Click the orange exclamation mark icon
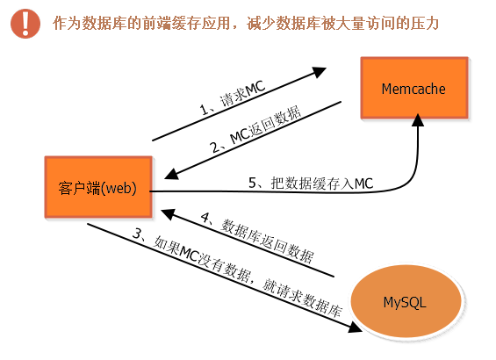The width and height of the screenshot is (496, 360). point(25,24)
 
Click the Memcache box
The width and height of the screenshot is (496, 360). point(414,88)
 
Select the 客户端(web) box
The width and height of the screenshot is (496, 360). point(98,187)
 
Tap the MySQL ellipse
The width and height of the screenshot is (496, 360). point(406,302)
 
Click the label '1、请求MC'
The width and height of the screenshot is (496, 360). point(233,97)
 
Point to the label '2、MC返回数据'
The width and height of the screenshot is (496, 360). point(255,129)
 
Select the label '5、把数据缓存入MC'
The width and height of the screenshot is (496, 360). point(311,184)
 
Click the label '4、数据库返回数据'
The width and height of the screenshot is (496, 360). point(257,237)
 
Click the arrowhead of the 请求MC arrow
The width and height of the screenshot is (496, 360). point(319,72)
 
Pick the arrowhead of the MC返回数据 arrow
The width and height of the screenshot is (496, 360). point(172,174)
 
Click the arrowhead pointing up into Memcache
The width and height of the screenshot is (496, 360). point(418,120)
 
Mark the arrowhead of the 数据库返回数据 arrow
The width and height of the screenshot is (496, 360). point(168,214)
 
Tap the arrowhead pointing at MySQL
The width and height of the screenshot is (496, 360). point(355,328)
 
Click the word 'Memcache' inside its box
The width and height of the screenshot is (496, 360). point(413,89)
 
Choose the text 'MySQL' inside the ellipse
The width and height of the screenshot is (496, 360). point(405,303)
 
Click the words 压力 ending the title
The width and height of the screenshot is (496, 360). point(424,24)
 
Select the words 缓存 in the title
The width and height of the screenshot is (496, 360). point(186,24)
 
